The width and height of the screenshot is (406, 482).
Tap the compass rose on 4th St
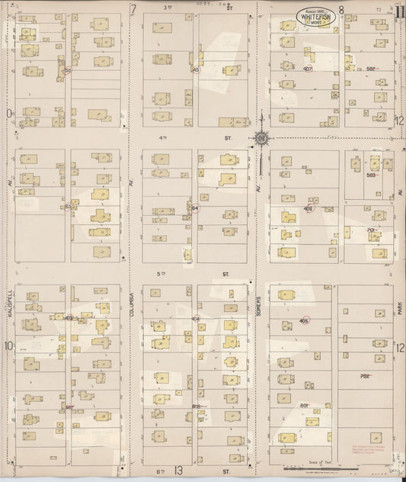click(261, 138)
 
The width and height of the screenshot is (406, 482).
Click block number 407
click(308, 69)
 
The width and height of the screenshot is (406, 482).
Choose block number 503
click(371, 175)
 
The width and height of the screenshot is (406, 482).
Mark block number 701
click(371, 230)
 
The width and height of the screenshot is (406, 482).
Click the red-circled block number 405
click(305, 321)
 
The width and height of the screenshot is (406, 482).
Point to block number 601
click(304, 405)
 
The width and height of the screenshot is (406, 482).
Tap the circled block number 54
click(194, 207)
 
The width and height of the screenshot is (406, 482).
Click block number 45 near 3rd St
click(196, 69)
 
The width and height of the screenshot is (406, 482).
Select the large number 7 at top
click(133, 9)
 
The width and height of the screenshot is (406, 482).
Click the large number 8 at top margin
click(341, 10)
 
